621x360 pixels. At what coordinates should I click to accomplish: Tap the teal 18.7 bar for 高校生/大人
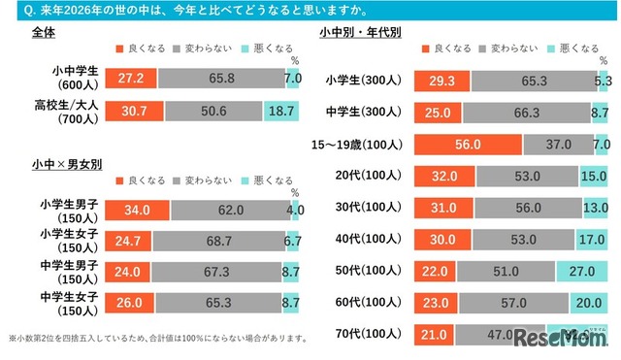[281, 112]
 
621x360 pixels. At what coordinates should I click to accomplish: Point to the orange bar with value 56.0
[470, 145]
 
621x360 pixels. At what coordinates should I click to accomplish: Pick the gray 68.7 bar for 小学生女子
[217, 239]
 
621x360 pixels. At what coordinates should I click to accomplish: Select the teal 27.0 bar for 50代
[582, 271]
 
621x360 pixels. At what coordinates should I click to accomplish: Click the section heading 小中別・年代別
[360, 32]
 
